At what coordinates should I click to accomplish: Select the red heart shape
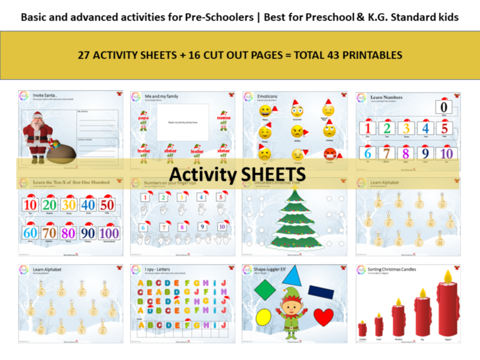click(324, 316)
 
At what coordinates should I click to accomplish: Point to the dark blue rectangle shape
click(321, 292)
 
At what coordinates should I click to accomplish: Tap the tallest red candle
click(446, 308)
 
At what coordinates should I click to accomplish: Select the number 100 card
click(109, 233)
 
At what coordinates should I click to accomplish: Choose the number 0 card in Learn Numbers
click(444, 107)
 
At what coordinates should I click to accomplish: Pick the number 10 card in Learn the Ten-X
click(31, 204)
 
